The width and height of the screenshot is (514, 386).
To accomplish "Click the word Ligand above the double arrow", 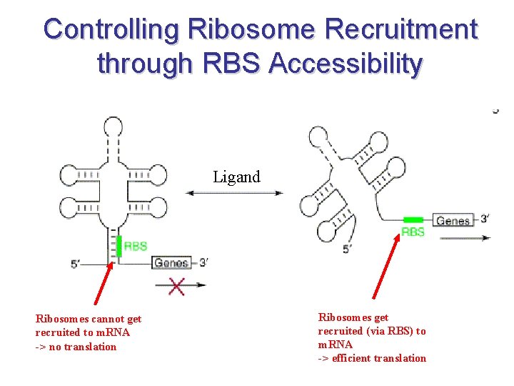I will (x=236, y=177).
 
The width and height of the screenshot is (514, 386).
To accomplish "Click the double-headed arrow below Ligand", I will (x=234, y=192).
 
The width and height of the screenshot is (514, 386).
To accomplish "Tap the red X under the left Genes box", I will (x=176, y=286).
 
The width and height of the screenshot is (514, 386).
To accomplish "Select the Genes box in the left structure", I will (x=171, y=263).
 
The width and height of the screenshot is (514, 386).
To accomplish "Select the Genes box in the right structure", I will (x=453, y=221).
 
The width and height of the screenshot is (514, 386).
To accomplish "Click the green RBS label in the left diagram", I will (x=136, y=246).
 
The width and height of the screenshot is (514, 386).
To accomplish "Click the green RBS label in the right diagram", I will (x=413, y=232).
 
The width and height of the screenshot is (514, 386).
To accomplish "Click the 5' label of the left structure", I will (x=79, y=264).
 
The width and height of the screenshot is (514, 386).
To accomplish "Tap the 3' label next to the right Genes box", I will (x=484, y=219).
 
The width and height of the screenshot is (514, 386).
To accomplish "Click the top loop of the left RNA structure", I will (x=113, y=127).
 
